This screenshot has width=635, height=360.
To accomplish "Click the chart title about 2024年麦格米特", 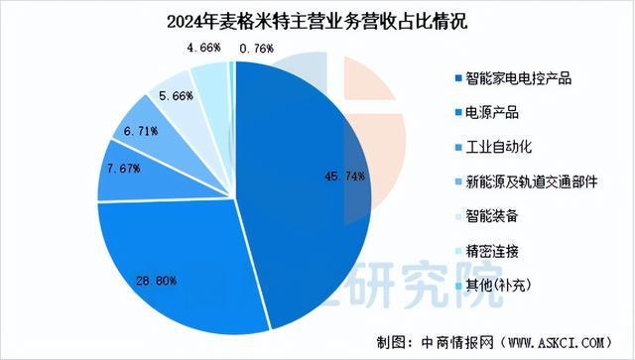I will point(317,19).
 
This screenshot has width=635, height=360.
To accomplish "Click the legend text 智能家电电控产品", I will point(516,75).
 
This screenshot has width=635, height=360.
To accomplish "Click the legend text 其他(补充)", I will point(500,288).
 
